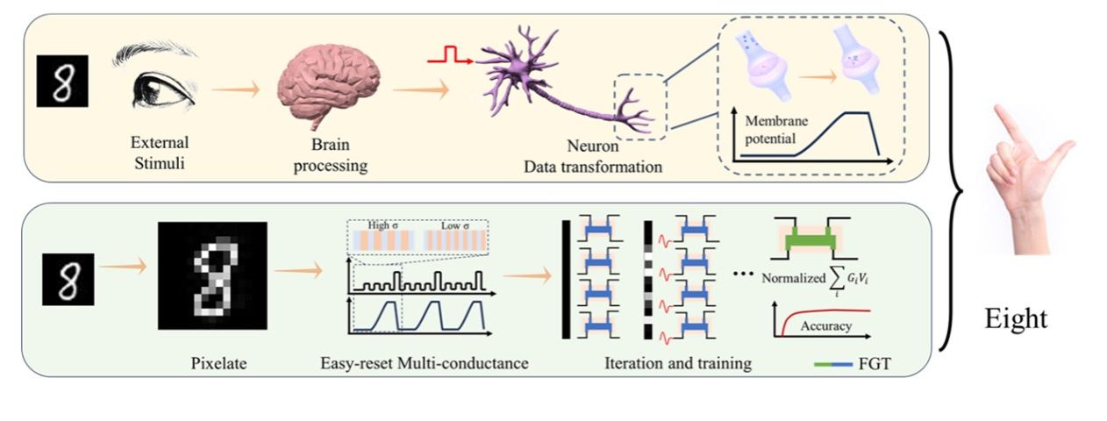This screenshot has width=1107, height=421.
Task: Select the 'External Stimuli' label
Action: pyautogui.click(x=160, y=149)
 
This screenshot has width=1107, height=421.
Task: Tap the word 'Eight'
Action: pyautogui.click(x=1015, y=318)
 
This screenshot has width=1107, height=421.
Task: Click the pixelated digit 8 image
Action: pyautogui.click(x=211, y=275)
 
